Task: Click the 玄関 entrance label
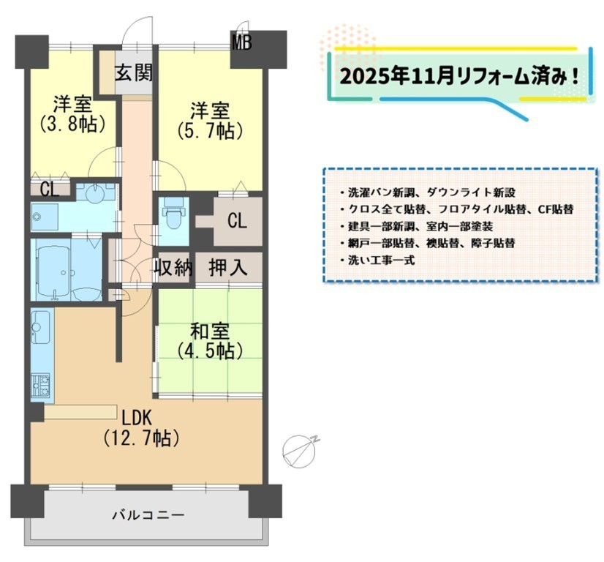(134, 72)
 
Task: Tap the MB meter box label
(241, 42)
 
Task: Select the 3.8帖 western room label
(72, 113)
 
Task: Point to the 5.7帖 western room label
(210, 120)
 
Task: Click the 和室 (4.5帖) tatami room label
(210, 341)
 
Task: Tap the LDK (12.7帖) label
(141, 428)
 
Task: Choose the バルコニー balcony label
(148, 515)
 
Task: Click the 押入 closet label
(228, 267)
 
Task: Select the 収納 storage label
(173, 267)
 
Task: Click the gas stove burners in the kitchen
(40, 385)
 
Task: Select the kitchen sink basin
(40, 327)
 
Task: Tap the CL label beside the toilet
(237, 221)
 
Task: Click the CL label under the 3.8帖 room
(50, 190)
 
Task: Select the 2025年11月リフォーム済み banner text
(458, 77)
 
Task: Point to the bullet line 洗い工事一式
(377, 261)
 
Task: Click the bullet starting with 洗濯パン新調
(428, 192)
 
